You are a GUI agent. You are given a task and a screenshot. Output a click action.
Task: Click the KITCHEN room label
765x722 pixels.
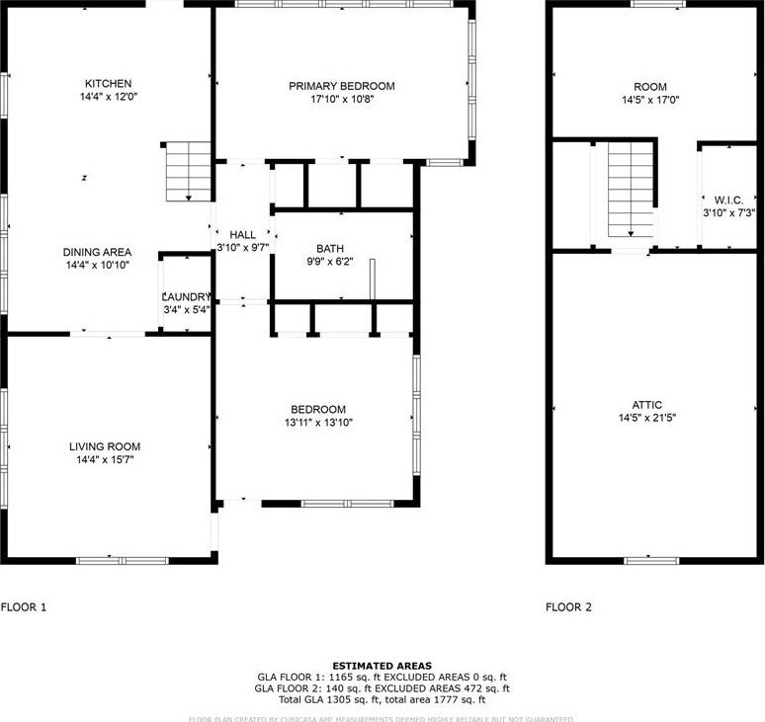pyautogui.click(x=109, y=84)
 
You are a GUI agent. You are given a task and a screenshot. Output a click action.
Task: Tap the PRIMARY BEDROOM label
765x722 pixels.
pyautogui.click(x=342, y=86)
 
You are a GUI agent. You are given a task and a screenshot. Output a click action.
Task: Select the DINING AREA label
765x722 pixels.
pyautogui.click(x=97, y=252)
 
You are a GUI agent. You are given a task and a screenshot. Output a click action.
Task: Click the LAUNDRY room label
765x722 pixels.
pyautogui.click(x=186, y=296)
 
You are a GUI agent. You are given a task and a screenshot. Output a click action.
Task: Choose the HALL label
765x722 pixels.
pyautogui.click(x=243, y=234)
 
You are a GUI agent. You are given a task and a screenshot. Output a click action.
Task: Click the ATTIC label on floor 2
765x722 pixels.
pyautogui.click(x=648, y=405)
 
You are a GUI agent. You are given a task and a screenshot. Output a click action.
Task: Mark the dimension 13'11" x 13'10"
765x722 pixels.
pyautogui.click(x=317, y=423)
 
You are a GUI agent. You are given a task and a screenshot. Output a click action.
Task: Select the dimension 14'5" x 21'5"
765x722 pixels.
pyautogui.click(x=648, y=418)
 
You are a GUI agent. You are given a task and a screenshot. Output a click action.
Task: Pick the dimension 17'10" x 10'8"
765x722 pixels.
pyautogui.click(x=342, y=99)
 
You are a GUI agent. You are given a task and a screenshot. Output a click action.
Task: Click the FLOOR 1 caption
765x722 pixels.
pyautogui.click(x=24, y=607)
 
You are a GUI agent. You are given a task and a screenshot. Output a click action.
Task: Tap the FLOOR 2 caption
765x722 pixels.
pyautogui.click(x=569, y=607)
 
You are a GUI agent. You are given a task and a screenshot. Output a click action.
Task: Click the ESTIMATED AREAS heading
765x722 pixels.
pyautogui.click(x=382, y=667)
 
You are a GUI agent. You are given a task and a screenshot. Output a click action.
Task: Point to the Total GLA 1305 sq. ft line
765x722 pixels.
pyautogui.click(x=382, y=698)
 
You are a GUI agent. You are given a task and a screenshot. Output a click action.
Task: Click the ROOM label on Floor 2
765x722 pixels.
pyautogui.click(x=650, y=87)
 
